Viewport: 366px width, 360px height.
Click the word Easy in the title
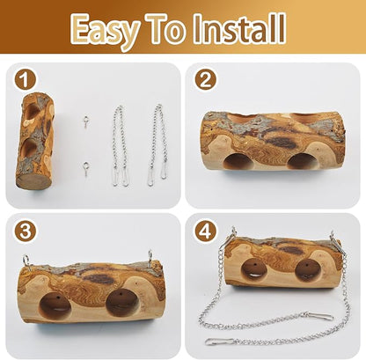coord(105,31)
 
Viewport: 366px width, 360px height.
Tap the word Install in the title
coord(240,28)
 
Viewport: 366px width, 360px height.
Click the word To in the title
coord(165,28)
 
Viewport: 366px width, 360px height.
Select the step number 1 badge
coord(26,80)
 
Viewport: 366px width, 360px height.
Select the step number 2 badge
coord(206,80)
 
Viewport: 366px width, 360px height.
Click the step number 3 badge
coord(26,231)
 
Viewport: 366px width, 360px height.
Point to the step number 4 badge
coord(206,231)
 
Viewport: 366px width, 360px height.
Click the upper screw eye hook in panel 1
coord(86,121)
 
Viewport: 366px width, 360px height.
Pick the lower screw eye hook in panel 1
coord(85,169)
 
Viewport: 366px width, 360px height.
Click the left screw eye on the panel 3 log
coord(26,261)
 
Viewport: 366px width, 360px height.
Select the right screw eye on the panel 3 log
coord(151,257)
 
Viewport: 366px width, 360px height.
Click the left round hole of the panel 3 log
coord(55,306)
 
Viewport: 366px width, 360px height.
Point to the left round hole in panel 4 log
coord(253,270)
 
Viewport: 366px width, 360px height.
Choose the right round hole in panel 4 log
coord(307,270)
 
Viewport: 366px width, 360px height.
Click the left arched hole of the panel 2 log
coord(239,161)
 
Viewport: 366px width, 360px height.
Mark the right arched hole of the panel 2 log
coord(302,161)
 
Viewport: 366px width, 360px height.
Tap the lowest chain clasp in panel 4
coord(219,342)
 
